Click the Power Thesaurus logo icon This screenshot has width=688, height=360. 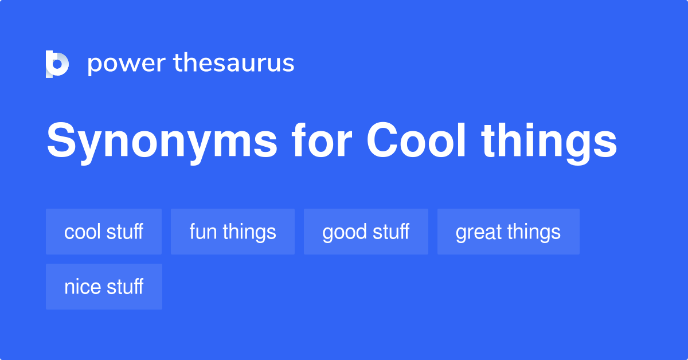57,64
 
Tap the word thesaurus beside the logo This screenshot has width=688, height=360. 234,64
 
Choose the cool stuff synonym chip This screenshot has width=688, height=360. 104,232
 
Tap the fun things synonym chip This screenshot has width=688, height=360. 233,232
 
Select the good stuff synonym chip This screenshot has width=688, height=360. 366,232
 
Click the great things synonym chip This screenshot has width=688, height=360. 508,232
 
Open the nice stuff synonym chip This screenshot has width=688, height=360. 104,287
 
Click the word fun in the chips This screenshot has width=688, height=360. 202,232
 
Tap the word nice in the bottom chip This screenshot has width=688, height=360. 79,287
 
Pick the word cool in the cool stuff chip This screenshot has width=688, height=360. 81,232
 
